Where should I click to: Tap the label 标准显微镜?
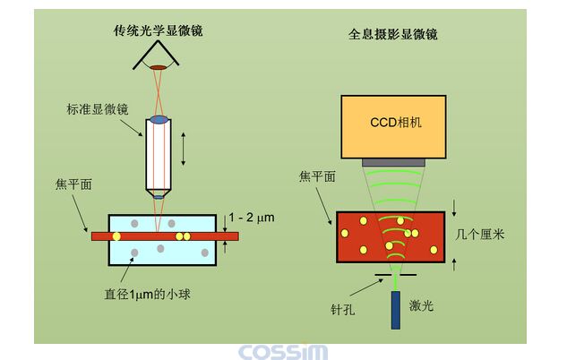click(x=98, y=109)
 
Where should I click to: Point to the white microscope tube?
click(x=159, y=157)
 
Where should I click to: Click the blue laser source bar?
click(x=395, y=309)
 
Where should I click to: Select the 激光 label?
click(x=422, y=306)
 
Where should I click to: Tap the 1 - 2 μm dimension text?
click(x=251, y=218)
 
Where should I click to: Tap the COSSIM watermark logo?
click(x=282, y=351)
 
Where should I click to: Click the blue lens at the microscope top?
click(x=159, y=119)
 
